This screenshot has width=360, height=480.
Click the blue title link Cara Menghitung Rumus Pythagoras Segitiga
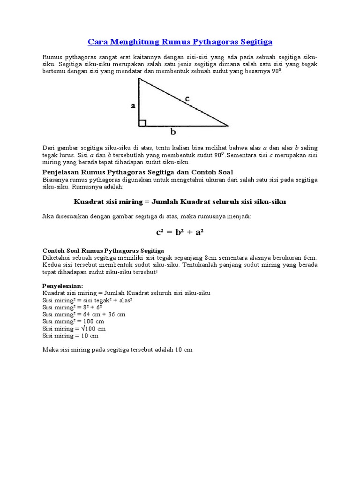180,42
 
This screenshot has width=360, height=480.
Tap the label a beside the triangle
133,106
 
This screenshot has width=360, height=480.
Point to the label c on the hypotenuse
187,98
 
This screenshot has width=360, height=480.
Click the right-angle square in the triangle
142,123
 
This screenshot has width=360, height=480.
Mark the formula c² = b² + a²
180,232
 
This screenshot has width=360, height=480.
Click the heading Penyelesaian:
63,285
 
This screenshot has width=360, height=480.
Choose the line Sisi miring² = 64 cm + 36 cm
84,314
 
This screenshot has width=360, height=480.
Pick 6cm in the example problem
310,258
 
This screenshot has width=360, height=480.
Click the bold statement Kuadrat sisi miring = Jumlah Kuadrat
180,202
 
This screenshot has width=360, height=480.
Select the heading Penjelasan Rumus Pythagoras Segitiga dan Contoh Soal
138,172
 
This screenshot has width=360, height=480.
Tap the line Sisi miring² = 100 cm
73,322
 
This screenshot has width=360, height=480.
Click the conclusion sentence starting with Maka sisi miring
117,350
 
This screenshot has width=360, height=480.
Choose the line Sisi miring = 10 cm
70,336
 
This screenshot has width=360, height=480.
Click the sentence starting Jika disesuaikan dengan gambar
147,216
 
